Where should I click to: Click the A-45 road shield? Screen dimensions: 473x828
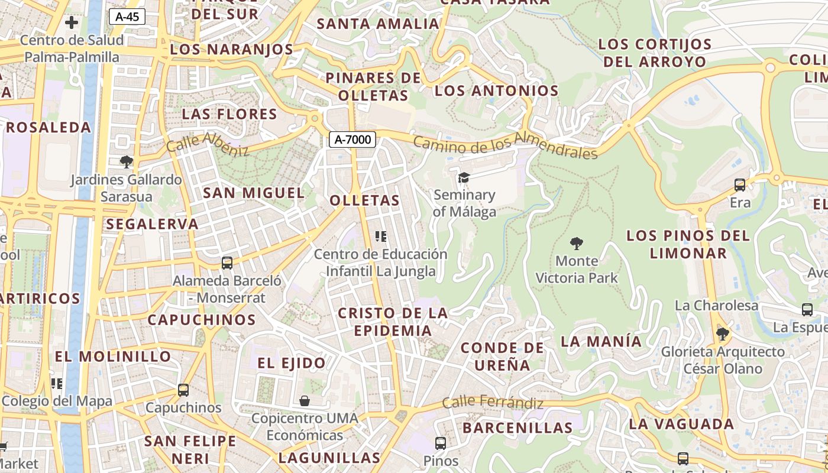(127, 17)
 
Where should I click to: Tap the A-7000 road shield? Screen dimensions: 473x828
(352, 140)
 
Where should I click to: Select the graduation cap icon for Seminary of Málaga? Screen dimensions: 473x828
(464, 177)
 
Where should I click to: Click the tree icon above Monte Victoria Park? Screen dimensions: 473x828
(577, 243)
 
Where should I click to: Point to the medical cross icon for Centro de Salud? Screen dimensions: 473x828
(72, 23)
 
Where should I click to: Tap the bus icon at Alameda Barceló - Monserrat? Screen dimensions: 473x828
(227, 263)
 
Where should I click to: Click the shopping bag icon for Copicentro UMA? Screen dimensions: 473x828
(305, 401)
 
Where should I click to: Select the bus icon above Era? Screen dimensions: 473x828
(740, 185)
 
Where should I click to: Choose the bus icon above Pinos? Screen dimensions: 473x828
(441, 443)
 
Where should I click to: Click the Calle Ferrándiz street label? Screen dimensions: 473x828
(493, 403)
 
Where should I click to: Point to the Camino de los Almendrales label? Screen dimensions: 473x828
(505, 147)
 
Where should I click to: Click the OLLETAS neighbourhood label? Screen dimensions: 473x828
(365, 200)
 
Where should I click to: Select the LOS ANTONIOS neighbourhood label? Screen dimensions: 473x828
(496, 91)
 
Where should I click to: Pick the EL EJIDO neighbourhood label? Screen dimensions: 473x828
(292, 363)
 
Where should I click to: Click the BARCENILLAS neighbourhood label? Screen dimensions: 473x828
(517, 427)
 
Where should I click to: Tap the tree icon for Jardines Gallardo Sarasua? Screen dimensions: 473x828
(126, 161)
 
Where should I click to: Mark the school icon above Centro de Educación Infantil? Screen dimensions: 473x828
(381, 237)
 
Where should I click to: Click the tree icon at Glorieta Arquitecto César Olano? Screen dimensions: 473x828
(722, 334)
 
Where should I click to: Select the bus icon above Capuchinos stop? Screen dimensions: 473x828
(183, 390)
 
